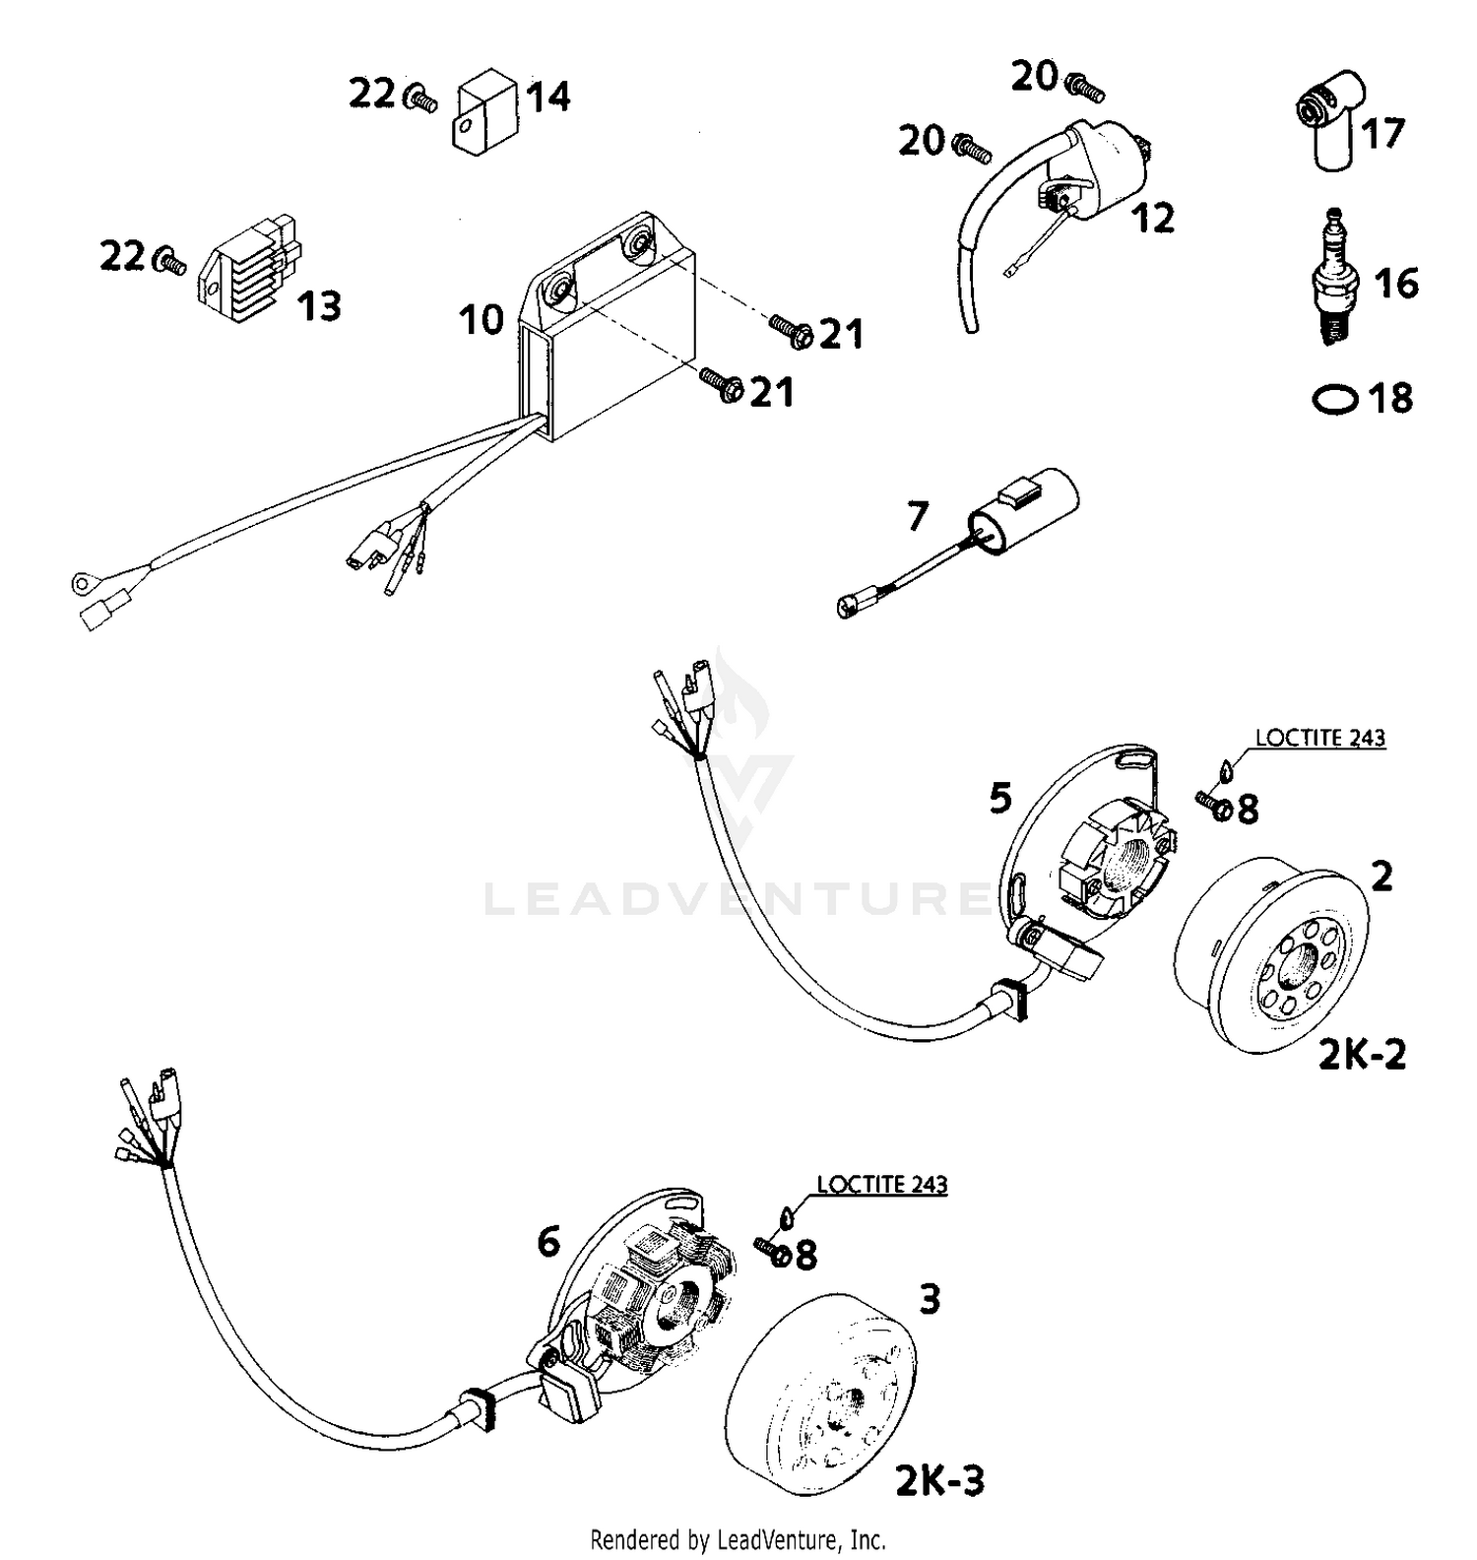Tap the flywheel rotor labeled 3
pos(822,1389)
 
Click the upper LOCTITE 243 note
pos(1319,738)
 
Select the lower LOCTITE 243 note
pos(881,1184)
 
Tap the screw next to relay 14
pos(422,97)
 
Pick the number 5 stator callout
pos(999,798)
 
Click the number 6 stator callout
pos(547,1243)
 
